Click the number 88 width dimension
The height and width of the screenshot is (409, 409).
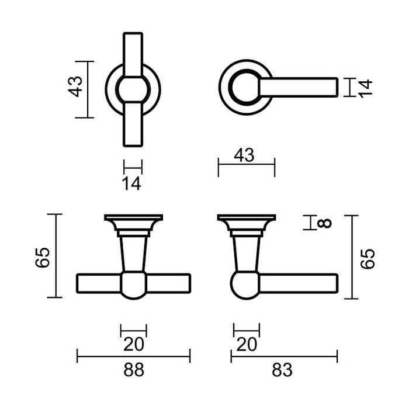tap(134, 370)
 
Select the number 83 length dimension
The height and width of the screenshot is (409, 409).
tap(283, 370)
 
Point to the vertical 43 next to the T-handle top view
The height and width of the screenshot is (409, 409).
tap(74, 89)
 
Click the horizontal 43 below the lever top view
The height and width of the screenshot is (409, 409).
tap(245, 155)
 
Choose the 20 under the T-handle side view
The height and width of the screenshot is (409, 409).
tap(133, 345)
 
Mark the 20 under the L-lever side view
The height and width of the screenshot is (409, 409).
tap(246, 345)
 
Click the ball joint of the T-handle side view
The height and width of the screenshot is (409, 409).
tap(133, 285)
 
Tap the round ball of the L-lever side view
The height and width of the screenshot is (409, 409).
tap(245, 285)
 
